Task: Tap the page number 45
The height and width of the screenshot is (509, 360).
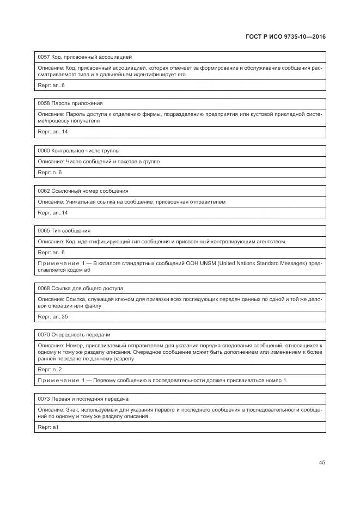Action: point(322,463)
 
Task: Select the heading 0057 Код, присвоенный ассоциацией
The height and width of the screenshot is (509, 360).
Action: point(84,57)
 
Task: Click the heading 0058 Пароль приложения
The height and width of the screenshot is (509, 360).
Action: point(70,103)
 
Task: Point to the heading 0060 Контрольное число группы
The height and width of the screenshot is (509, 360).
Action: point(78,150)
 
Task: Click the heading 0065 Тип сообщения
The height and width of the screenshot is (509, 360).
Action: point(64,231)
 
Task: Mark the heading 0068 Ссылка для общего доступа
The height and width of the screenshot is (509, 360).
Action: point(80,288)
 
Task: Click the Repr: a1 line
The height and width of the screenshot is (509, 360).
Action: point(48,427)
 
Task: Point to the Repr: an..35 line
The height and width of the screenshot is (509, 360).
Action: point(53,316)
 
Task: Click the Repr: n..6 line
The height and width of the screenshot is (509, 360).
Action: point(50,173)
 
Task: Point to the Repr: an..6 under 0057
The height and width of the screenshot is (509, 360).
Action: point(51,85)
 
